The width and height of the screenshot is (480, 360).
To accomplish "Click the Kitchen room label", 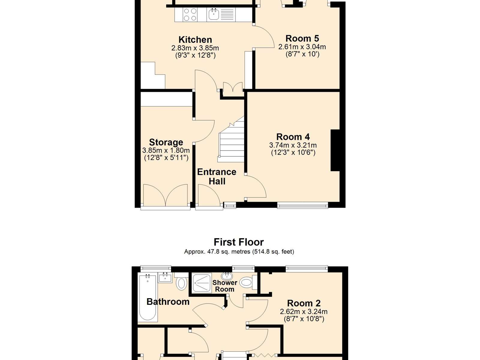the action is pos(195,40).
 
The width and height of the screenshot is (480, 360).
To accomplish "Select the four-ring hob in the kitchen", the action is pos(190,14).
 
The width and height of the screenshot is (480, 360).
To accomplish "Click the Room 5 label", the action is pos(302,38).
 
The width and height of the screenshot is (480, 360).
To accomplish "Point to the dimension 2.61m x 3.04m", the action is pos(302,47).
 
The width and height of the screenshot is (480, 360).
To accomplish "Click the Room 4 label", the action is pos(293,137).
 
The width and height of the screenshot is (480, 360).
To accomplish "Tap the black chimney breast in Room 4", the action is pos(335,150).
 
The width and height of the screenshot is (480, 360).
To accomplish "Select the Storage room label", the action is pos(166,142).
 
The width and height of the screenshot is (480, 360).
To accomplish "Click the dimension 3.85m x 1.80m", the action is pos(166,150).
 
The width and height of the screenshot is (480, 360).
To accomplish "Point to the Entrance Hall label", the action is pos(217,177).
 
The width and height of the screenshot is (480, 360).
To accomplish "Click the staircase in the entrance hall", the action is pos(231,139).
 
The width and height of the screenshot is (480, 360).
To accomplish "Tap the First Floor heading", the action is pos(238,242).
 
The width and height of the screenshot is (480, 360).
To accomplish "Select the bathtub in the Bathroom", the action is pos(148,298).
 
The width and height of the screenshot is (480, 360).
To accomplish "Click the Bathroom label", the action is pos(168,301).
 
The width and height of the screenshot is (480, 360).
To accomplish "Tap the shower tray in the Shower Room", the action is pos(202,283).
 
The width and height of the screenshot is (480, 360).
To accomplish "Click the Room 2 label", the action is pos(304,303).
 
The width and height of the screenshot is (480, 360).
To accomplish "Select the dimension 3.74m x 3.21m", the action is pos(293,145).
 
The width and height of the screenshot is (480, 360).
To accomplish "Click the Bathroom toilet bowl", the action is pos(181,283).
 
